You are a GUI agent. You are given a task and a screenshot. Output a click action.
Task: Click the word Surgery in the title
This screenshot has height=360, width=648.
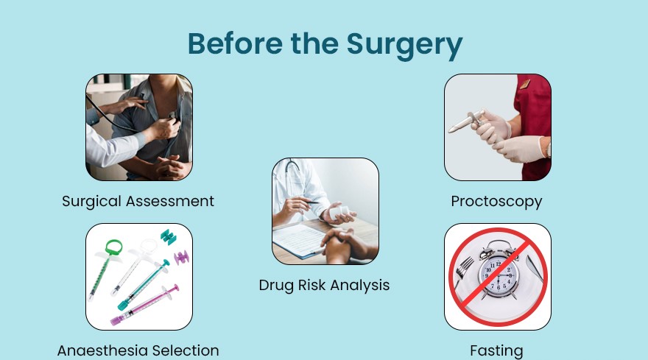coord(404,45)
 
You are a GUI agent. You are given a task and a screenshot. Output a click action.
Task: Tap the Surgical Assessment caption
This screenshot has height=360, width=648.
coord(138,201)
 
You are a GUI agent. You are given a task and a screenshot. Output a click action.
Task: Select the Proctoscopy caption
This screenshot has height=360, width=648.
coord(496,202)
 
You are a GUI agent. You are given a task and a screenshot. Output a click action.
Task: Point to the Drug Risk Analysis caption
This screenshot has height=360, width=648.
coord(324,285)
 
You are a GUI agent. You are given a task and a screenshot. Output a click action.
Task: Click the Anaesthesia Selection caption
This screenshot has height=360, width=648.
coord(138,350)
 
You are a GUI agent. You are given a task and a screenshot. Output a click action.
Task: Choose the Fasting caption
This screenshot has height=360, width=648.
coord(496,351)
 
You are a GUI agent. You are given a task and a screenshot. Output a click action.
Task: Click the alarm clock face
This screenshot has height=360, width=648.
coord(499,275)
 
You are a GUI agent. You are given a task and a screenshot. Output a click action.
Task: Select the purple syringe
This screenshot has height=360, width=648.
coord(144,305)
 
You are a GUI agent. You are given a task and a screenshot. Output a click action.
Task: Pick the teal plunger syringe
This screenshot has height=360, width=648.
coord(144,285)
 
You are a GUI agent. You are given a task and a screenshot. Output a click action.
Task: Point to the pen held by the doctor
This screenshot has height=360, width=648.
coord(305,201)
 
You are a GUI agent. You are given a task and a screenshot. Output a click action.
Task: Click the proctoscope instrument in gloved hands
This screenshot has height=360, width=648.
coord(467,121)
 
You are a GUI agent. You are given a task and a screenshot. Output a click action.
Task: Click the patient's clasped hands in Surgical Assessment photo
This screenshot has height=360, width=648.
coord(170,166)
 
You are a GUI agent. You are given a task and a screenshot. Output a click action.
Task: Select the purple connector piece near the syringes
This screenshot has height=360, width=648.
coord(181,258)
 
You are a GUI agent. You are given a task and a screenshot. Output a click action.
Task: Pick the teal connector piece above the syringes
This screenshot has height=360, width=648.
coord(168,237)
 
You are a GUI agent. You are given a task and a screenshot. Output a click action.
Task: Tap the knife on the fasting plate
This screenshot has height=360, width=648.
coord(535,268)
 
